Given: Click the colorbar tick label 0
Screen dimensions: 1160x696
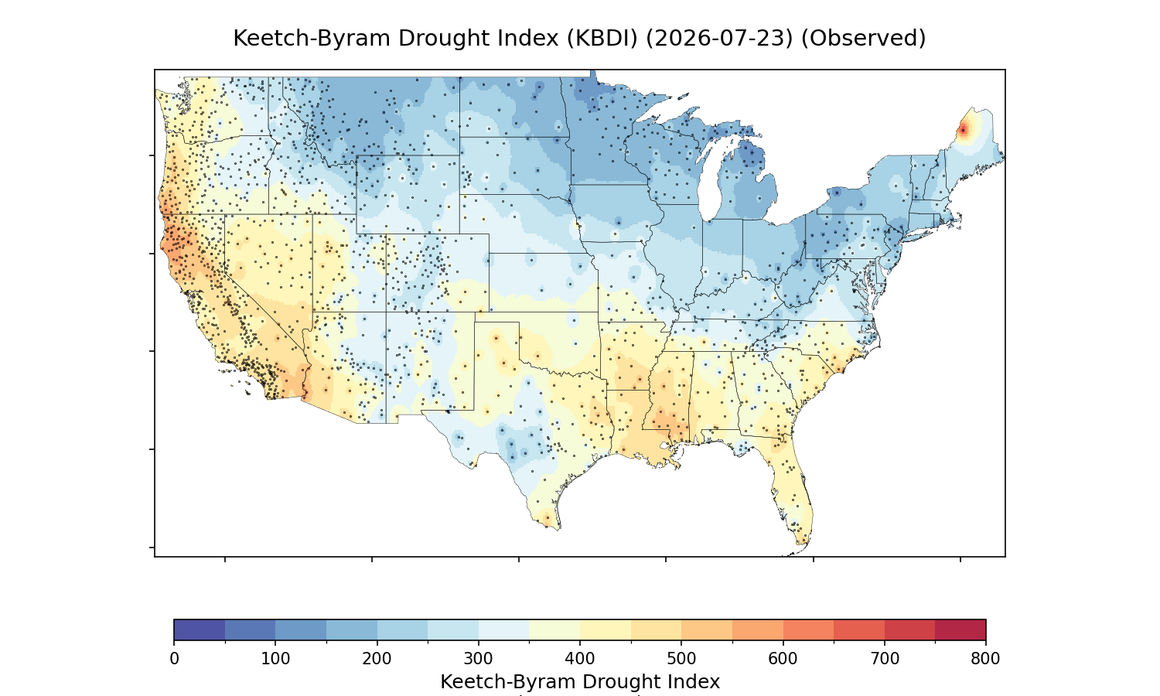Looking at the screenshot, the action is [x=174, y=659].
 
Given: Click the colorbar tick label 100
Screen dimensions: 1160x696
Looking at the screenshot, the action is [x=275, y=659].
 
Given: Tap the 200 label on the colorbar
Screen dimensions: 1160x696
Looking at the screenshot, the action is [x=377, y=659].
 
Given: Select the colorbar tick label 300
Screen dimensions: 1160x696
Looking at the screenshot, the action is [x=479, y=659].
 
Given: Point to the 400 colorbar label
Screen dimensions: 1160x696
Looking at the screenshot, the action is [x=580, y=659].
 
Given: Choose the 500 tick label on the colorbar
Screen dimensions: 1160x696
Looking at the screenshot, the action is [x=681, y=659].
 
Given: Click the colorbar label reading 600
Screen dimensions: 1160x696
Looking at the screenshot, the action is [x=783, y=659].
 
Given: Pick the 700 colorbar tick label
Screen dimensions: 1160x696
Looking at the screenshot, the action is [x=885, y=659].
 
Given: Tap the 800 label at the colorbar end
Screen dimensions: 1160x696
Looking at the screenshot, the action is [x=985, y=659].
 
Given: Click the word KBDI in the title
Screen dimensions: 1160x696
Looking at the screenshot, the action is [x=602, y=39].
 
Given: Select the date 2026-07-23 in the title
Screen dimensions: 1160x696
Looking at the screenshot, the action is [x=719, y=39].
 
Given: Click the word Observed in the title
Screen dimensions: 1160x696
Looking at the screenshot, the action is [x=864, y=39].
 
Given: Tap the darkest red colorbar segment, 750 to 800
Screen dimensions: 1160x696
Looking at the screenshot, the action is [x=960, y=629].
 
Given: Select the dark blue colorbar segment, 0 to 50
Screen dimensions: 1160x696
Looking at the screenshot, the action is [x=200, y=629].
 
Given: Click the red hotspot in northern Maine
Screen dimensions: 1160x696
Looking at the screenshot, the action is [x=963, y=130].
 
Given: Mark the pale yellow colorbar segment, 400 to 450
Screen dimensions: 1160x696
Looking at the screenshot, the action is [x=606, y=629].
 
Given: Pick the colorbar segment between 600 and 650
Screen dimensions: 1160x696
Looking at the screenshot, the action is [x=808, y=629].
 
